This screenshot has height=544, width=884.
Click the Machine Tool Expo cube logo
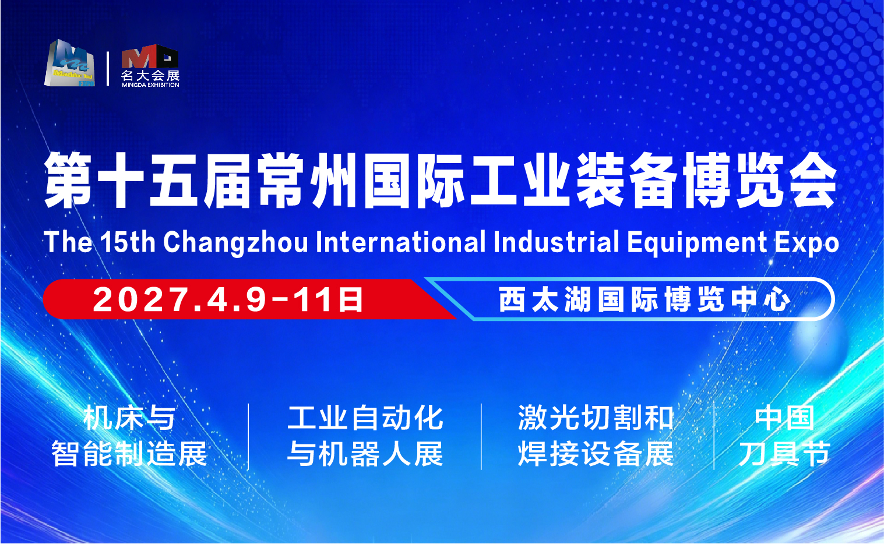[x=69, y=63]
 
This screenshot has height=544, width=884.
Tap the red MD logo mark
[x=150, y=56]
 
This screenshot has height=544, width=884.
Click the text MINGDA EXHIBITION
[x=150, y=84]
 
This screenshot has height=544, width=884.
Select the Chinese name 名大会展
[x=150, y=75]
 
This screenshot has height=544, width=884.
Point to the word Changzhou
[x=235, y=242]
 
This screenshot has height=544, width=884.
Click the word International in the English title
[x=400, y=242]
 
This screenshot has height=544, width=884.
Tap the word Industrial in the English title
[x=556, y=242]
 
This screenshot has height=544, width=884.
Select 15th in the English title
[x=128, y=242]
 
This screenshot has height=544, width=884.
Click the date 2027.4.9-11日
[x=228, y=299]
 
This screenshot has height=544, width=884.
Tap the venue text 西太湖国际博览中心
[x=644, y=299]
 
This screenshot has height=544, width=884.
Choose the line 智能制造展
[x=129, y=454]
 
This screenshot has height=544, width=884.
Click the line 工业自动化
[x=365, y=418]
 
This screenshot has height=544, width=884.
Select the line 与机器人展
[x=365, y=454]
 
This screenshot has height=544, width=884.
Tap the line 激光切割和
[x=596, y=418]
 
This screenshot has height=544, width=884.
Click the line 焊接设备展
[x=596, y=454]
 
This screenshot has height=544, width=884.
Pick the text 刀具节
[x=784, y=454]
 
